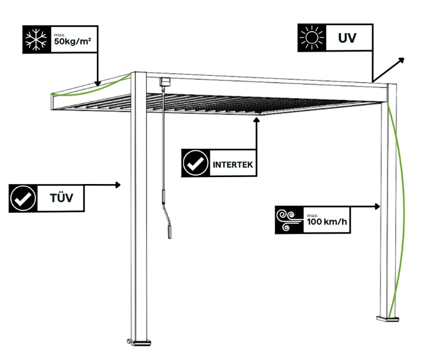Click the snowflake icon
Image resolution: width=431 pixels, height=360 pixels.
point(37,39)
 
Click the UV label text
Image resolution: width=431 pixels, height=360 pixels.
point(347,39)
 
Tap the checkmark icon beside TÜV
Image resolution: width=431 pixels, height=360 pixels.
point(24,198)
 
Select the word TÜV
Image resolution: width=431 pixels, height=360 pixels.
point(61,199)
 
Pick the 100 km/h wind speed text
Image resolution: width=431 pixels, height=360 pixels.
point(328,223)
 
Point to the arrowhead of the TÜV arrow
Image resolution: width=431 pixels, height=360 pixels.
point(119,185)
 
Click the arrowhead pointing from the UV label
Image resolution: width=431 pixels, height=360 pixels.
point(402,59)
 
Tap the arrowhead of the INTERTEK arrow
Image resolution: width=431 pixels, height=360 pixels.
point(257,119)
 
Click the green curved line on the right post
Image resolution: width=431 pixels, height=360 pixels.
point(401,203)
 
